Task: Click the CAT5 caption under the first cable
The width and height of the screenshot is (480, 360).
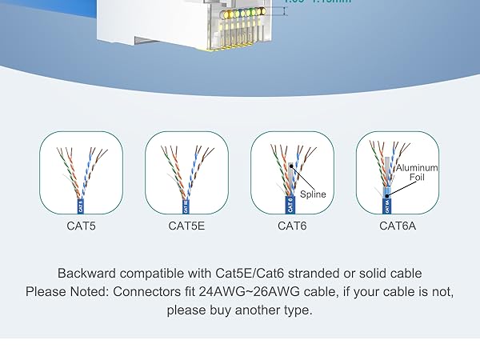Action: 81,226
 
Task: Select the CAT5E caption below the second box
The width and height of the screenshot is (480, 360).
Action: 186,226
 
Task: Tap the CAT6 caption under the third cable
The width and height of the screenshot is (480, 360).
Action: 291,226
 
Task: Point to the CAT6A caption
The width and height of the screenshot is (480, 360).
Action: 397,226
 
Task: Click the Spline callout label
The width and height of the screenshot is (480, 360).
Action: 313,194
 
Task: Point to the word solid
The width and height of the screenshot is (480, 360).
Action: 386,274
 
